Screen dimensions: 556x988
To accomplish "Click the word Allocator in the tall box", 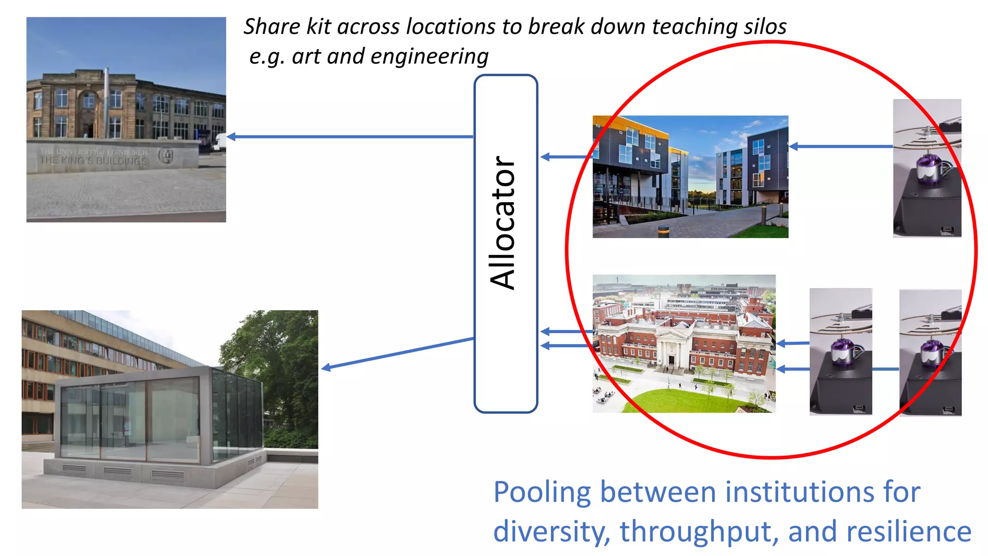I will [x=503, y=223].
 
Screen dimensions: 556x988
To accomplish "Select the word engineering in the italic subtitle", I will [x=429, y=57].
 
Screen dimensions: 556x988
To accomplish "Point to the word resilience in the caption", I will [x=908, y=532].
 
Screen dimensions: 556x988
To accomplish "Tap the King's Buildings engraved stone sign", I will [x=94, y=156].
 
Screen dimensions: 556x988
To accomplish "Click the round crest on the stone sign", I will [x=166, y=155].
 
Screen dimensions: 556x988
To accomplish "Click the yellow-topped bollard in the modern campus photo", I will [x=664, y=231].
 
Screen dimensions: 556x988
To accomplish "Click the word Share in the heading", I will [x=272, y=27].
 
